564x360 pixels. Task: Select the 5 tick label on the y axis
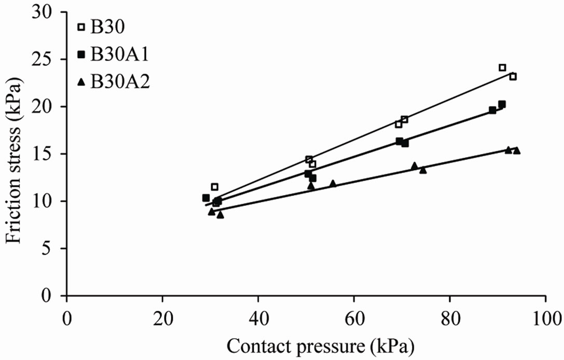point(53,248)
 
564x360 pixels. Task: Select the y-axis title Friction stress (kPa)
point(16,154)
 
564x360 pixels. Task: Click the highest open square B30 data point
point(502,67)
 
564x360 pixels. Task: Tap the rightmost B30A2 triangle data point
point(516,150)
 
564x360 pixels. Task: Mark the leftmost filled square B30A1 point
point(205,198)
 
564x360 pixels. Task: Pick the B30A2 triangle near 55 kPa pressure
point(333,183)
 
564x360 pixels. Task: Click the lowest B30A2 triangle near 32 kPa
point(220,215)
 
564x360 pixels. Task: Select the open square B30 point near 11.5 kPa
point(214,187)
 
